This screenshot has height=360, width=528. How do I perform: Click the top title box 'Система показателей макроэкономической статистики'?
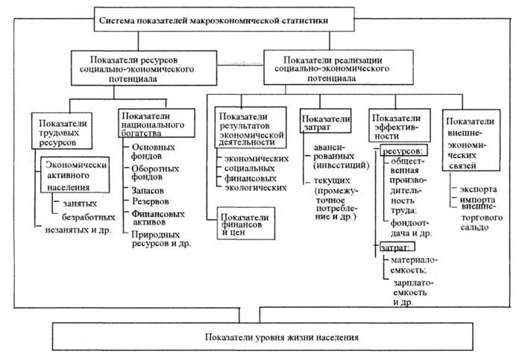pos(213,21)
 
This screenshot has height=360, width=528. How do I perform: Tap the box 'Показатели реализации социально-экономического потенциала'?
pos(337,68)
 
